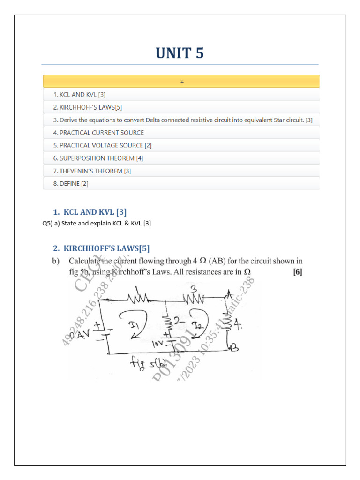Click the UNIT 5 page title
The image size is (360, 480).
(180, 53)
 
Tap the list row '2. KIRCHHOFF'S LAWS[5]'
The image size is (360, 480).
(88, 107)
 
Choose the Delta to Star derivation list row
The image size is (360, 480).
(183, 120)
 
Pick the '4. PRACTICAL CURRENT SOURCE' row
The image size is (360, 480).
(98, 133)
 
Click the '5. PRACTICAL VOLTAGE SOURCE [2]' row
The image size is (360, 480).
(102, 145)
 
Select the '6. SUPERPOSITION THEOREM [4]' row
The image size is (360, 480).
(98, 158)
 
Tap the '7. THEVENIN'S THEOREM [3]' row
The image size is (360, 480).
(92, 171)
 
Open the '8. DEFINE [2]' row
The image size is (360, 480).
(70, 184)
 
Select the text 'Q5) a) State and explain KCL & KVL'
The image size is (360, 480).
(97, 224)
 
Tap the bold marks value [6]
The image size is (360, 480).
(297, 271)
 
